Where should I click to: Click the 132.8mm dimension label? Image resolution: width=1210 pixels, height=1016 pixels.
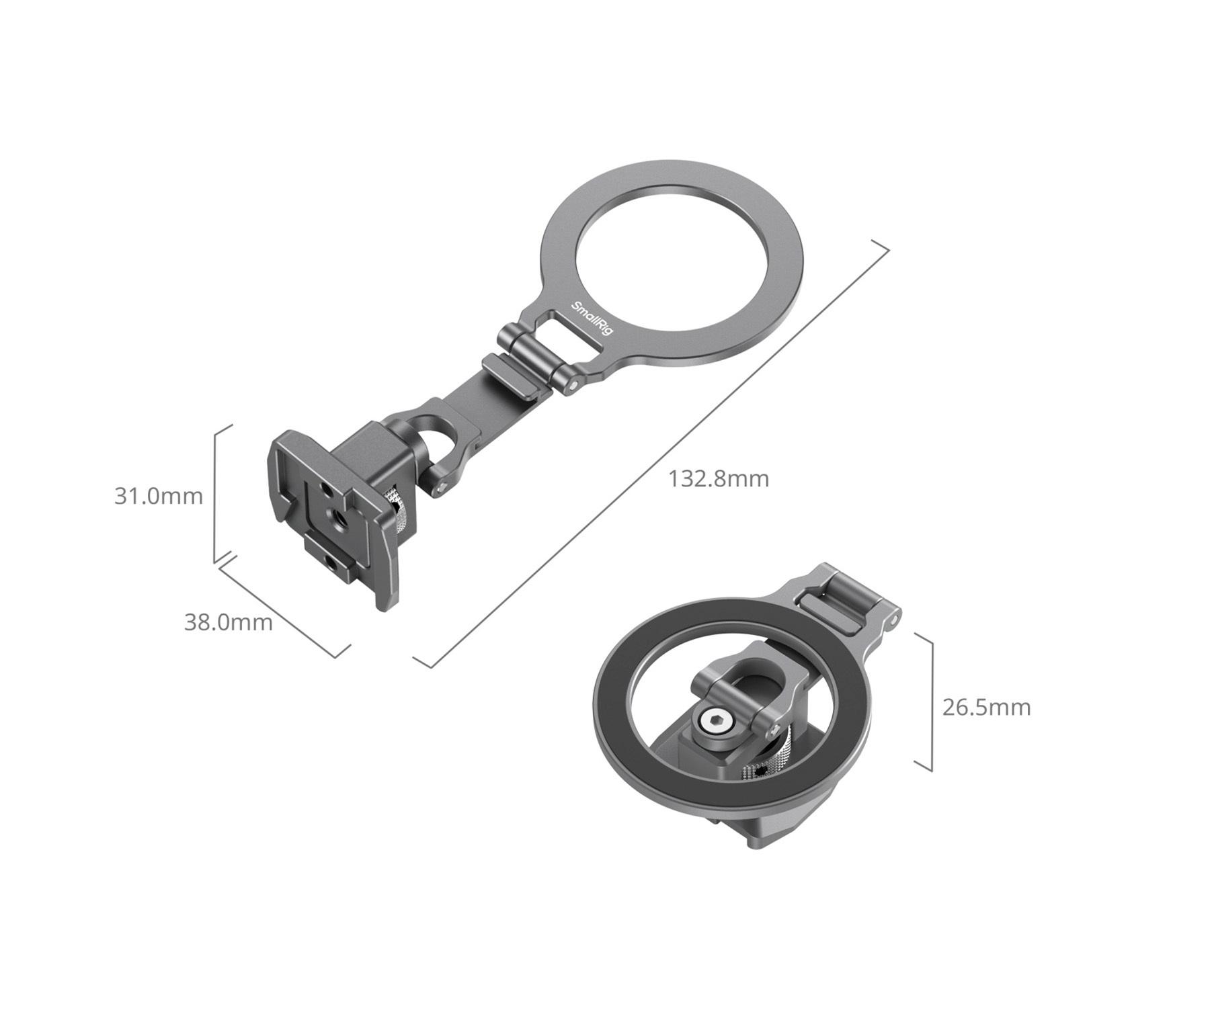718,478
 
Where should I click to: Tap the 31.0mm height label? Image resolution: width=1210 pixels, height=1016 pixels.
158,496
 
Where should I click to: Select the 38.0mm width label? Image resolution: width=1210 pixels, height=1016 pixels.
229,622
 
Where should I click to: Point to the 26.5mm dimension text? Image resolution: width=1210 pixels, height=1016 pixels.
986,708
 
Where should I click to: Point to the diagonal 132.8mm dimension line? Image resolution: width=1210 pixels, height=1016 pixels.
651,454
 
